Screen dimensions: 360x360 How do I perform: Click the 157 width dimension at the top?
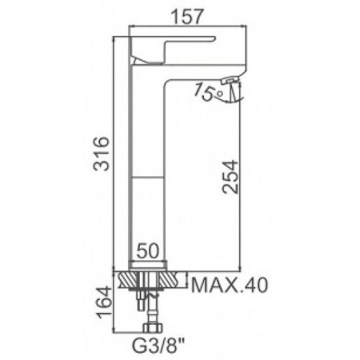pyautogui.click(x=187, y=17)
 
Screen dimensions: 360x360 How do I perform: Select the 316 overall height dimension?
pyautogui.click(x=102, y=154)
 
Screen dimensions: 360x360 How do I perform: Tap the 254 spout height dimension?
pyautogui.click(x=230, y=177)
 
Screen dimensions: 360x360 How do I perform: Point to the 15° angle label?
pyautogui.click(x=209, y=92)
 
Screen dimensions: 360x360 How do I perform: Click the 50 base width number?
pyautogui.click(x=148, y=250)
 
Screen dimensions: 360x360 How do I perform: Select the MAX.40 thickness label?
pyautogui.click(x=230, y=286)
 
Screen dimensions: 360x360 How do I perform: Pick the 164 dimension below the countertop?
pyautogui.click(x=103, y=302)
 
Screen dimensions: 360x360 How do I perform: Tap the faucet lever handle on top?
pyautogui.click(x=173, y=50)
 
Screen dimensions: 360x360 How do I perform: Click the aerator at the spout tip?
pyautogui.click(x=230, y=80)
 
